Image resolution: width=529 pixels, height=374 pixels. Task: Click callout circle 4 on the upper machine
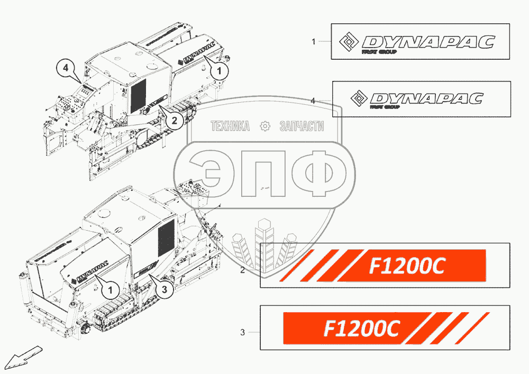click(65, 68)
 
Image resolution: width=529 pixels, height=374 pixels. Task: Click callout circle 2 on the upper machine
click(174, 121)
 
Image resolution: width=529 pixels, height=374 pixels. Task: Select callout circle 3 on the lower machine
click(164, 289)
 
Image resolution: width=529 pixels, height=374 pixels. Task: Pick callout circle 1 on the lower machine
click(110, 289)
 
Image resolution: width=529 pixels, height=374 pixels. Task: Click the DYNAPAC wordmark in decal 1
click(428, 42)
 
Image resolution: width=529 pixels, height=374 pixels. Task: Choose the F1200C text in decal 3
click(361, 329)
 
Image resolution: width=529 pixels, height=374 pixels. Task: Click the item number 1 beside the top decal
click(313, 41)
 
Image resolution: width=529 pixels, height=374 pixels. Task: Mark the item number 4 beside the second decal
click(313, 101)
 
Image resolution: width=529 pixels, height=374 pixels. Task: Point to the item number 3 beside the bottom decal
click(242, 333)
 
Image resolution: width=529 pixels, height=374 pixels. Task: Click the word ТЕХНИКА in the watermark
click(230, 126)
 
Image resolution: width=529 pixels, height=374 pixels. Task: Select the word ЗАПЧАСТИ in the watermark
click(301, 126)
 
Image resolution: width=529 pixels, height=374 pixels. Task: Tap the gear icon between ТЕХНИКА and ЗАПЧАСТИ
click(265, 126)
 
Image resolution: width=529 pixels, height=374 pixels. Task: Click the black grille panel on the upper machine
click(138, 96)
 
